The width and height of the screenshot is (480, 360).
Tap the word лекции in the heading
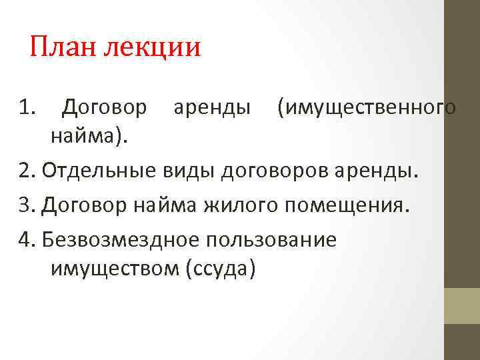point(153,49)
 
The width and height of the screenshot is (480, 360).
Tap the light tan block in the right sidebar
point(462,306)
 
